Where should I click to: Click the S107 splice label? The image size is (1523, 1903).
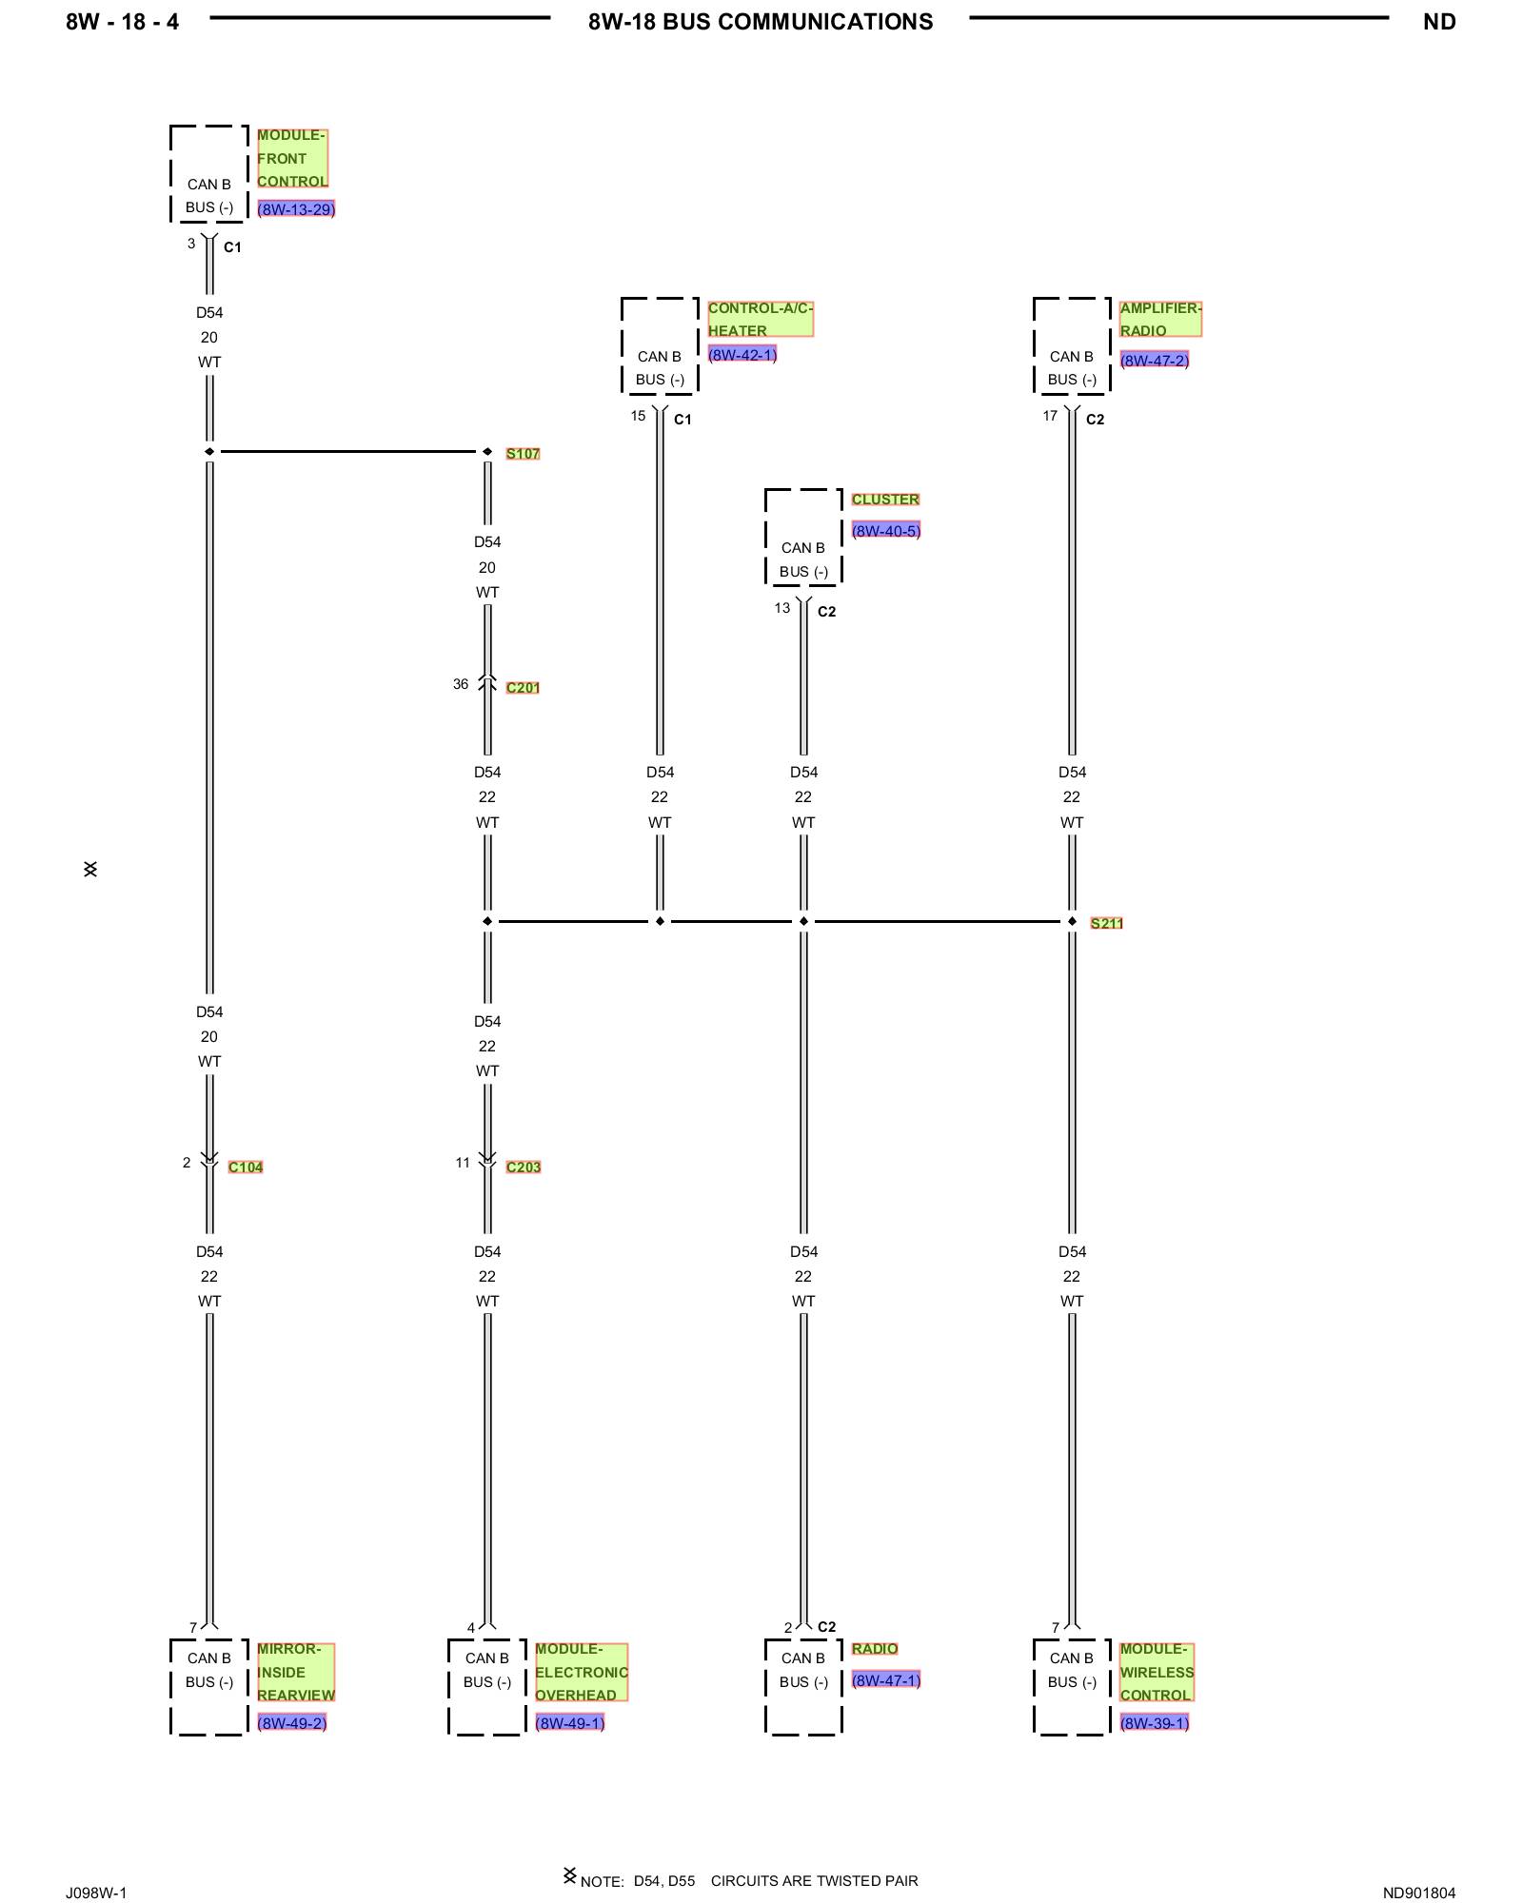523,454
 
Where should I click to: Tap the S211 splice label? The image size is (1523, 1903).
1106,923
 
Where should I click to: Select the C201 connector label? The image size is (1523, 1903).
523,688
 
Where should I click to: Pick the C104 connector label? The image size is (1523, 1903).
246,1167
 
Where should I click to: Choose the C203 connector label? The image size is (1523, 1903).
524,1167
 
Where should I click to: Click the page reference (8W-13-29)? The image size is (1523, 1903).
296,209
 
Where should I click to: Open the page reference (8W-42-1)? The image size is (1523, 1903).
742,355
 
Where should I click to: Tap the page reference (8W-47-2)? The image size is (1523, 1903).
1155,361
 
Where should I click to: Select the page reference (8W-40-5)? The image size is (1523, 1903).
886,531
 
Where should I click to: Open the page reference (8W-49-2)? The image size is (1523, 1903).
292,1723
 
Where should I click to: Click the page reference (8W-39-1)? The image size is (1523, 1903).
1155,1723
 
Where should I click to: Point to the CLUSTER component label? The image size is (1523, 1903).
885,500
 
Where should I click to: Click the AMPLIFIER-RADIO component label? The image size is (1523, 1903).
1160,320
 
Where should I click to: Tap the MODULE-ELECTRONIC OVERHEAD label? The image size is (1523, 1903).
582,1673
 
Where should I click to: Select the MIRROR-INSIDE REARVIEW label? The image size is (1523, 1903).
296,1673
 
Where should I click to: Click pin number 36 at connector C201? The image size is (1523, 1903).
461,684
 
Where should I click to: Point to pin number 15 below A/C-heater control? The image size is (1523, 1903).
638,416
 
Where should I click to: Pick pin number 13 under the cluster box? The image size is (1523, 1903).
782,608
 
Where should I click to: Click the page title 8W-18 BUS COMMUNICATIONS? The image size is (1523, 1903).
761,22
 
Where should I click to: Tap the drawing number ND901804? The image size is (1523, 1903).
1419,1893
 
